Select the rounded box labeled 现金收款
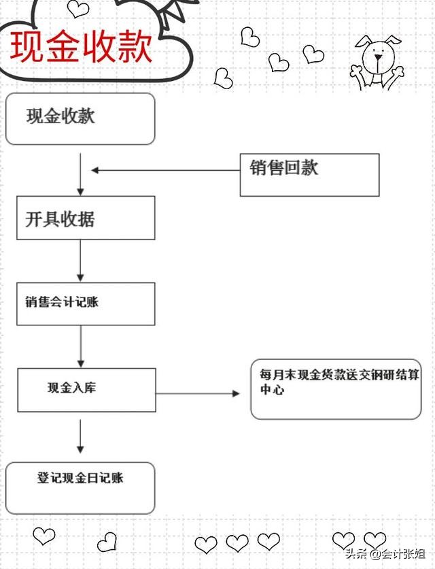pos(80,118)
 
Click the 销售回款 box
pos(309,174)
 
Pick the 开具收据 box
pos(86,218)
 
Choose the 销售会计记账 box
pos(86,304)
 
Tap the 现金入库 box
pos(86,390)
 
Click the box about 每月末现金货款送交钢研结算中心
pos(336,389)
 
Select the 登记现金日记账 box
pos(80,487)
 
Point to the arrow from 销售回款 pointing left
pos(166,170)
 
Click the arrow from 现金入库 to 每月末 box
pos(198,393)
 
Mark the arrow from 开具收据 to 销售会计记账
pos(80,261)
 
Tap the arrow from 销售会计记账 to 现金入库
pos(81,346)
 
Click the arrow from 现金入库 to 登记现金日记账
pos(80,436)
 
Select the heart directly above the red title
pos(78,8)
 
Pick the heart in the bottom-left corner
pos(44,536)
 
